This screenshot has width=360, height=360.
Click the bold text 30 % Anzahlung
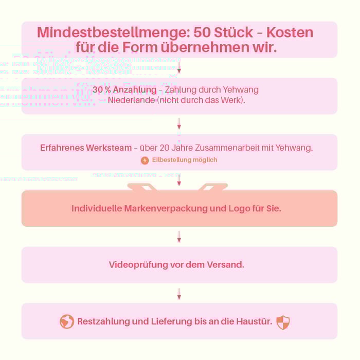pyautogui.click(x=124, y=90)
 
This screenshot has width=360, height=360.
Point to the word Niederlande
pyautogui.click(x=131, y=100)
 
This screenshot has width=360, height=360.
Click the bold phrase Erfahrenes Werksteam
pyautogui.click(x=86, y=148)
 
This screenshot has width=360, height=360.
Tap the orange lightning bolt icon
pyautogui.click(x=145, y=160)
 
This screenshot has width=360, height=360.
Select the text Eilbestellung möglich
pyautogui.click(x=185, y=160)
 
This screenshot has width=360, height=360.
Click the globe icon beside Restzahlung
pyautogui.click(x=67, y=322)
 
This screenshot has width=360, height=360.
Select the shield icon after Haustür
pyautogui.click(x=283, y=322)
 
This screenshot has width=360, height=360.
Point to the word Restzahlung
pyautogui.click(x=103, y=322)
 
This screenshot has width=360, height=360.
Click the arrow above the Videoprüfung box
pyautogui.click(x=179, y=237)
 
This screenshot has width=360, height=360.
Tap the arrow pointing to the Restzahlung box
pyautogui.click(x=179, y=293)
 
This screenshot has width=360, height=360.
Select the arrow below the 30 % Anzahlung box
pyautogui.click(x=179, y=124)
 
